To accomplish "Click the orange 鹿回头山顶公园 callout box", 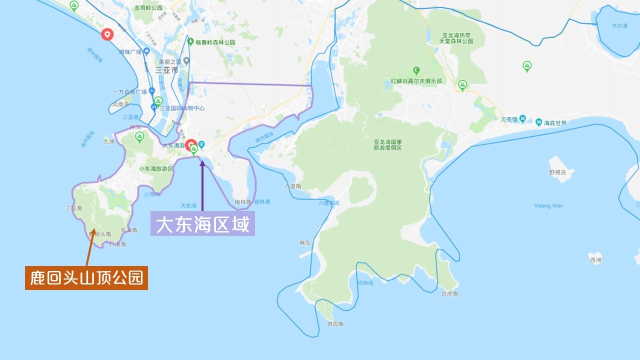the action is click(86, 278).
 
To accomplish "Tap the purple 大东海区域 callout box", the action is click(202, 224).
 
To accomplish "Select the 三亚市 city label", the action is click(166, 70).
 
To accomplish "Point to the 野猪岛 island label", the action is click(558, 172).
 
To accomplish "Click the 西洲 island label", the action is click(595, 260).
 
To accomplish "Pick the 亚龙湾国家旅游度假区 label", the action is click(388, 145).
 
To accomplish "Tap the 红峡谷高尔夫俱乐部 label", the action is click(416, 81).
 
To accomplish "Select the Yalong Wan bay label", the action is click(548, 205).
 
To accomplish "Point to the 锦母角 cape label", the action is click(335, 324).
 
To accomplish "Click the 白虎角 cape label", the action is click(450, 294).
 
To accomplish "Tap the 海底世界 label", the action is click(555, 123).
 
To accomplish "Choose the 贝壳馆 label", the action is click(509, 119).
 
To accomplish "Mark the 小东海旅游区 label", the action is click(156, 169).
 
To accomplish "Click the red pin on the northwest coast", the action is click(106, 34).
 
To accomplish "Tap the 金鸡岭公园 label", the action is click(148, 8).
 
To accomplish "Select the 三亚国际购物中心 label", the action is click(182, 108).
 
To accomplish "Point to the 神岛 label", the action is click(304, 243).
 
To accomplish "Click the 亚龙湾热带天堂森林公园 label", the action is click(456, 38).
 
